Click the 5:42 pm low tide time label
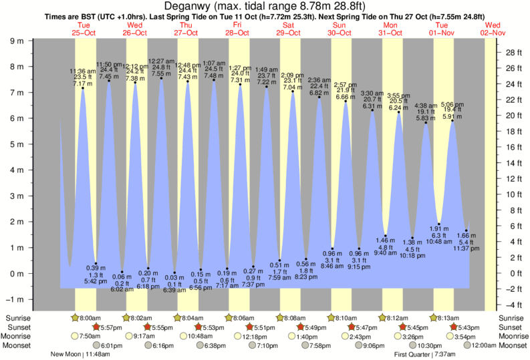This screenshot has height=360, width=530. click(x=96, y=281)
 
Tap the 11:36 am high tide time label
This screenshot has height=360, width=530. click(x=83, y=71)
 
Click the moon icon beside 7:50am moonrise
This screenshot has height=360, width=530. click(x=74, y=336)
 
